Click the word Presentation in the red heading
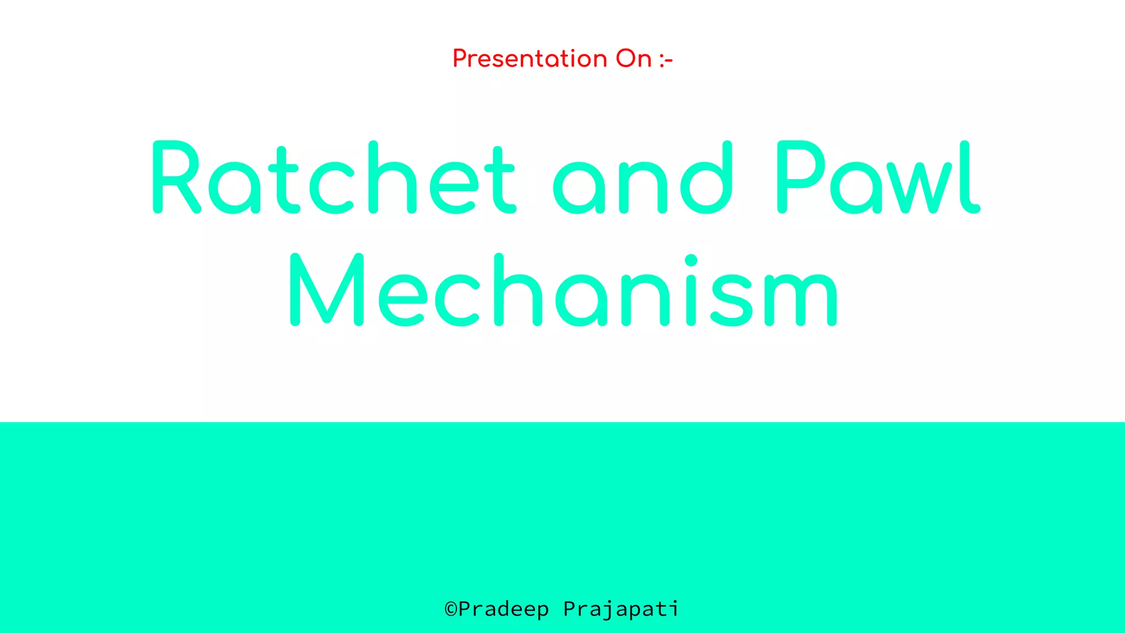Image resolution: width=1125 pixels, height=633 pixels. (530, 59)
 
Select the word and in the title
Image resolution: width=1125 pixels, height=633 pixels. (643, 178)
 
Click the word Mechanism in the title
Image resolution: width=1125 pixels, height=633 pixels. (563, 290)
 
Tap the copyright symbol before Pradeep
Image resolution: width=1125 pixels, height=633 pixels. (450, 609)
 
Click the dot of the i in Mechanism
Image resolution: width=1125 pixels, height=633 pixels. (691, 260)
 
